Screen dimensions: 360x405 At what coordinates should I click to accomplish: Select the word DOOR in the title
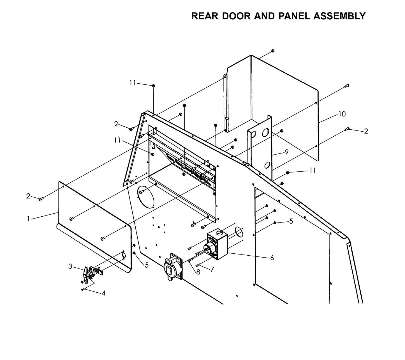point(236,16)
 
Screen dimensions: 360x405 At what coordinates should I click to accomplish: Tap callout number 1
point(28,219)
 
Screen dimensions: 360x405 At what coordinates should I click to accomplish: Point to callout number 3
point(70,266)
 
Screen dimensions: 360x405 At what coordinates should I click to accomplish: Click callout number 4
point(103,293)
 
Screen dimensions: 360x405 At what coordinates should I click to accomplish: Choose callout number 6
point(272,258)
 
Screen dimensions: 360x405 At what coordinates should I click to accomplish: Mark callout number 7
point(212,269)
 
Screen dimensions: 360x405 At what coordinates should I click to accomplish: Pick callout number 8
point(198,272)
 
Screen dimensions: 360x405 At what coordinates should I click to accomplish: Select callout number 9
point(286,152)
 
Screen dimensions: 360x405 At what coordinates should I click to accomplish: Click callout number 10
point(342,114)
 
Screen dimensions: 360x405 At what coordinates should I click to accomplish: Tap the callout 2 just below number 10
point(366,131)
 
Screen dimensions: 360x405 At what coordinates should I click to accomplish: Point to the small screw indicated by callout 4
point(83,289)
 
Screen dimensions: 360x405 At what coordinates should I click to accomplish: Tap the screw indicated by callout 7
point(198,265)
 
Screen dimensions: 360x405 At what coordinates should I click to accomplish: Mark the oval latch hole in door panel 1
point(124,255)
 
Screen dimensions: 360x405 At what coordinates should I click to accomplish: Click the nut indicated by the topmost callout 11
point(153,86)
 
